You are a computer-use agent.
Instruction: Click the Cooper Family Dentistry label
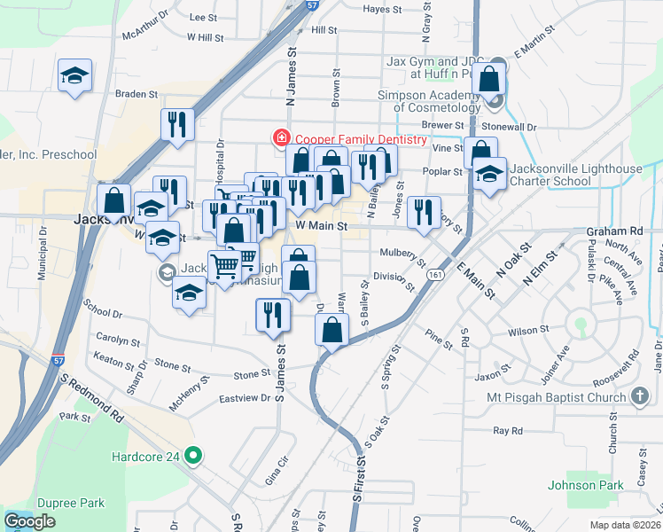pos(361,138)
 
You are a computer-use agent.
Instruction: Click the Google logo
pos(29,521)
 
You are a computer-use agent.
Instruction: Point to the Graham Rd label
pos(613,231)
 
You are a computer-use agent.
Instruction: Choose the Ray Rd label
pos(508,431)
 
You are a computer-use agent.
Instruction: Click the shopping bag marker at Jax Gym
pos(489,78)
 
